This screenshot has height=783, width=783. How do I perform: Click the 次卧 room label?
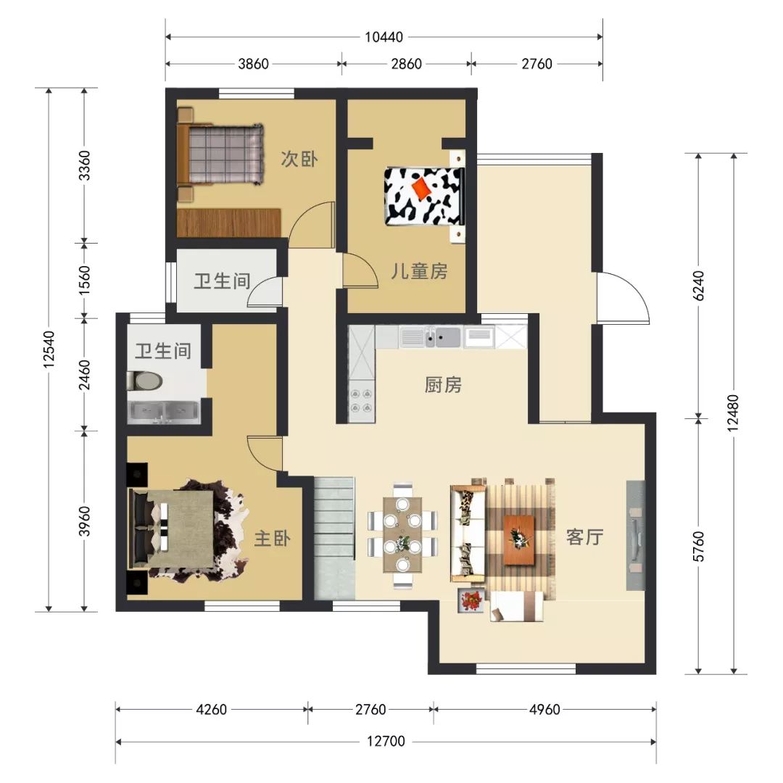tap(299, 159)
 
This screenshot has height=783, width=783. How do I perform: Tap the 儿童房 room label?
tap(419, 271)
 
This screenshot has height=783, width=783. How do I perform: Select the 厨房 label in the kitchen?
tap(443, 385)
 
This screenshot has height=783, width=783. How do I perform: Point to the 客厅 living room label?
tap(585, 537)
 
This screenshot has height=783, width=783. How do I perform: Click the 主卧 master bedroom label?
tap(273, 539)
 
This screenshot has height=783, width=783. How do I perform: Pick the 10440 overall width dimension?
tap(384, 37)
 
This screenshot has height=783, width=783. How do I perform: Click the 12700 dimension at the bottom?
tap(386, 742)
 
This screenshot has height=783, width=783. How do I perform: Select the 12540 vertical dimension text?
tap(49, 349)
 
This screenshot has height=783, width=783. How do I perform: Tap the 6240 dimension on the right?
tap(699, 286)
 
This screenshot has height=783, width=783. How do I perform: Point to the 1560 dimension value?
tap(84, 280)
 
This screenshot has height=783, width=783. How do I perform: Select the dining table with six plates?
tap(402, 535)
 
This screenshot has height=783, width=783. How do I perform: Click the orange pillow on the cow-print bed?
tap(423, 188)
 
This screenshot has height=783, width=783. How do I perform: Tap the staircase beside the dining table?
tap(334, 538)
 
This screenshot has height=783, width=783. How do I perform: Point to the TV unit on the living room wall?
tap(636, 535)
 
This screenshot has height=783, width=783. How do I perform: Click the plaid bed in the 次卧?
tap(220, 154)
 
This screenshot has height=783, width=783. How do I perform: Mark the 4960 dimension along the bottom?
tap(544, 709)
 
